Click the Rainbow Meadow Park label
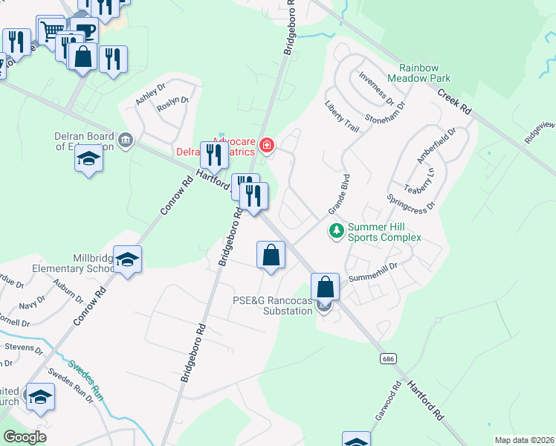(x=424, y=72)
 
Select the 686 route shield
(x=387, y=359)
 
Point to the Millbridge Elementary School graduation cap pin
(x=127, y=259)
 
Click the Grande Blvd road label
(x=339, y=194)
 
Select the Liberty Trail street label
(x=341, y=117)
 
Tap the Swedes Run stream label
(x=85, y=380)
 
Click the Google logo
(x=25, y=437)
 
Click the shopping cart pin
(x=51, y=31)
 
